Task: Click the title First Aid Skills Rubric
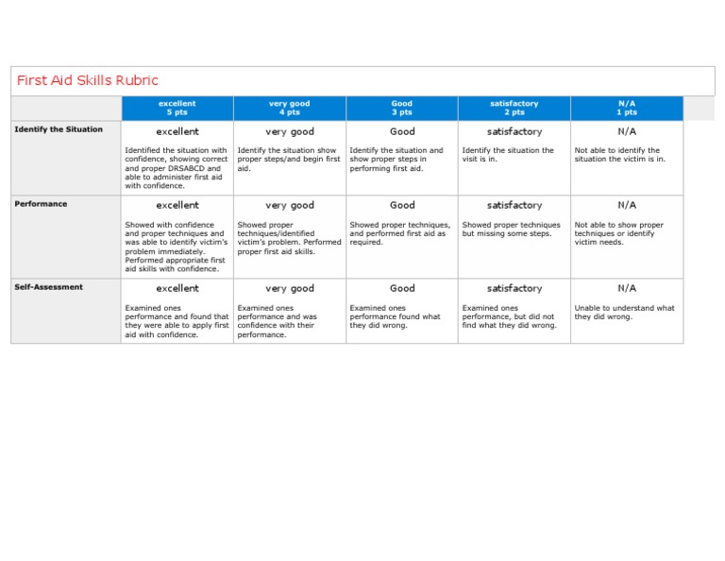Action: (87, 80)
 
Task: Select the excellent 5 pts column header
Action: (177, 108)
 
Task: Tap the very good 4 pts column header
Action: (289, 108)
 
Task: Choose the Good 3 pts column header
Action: (401, 108)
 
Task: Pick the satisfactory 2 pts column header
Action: (514, 108)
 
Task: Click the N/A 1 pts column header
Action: (627, 108)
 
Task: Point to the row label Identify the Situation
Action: (59, 129)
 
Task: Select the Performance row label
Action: (41, 204)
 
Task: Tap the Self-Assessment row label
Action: (48, 287)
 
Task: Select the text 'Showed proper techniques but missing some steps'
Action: (511, 229)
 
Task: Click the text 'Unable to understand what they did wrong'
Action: (624, 312)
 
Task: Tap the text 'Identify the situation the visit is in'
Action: (508, 154)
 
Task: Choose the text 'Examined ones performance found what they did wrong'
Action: (395, 316)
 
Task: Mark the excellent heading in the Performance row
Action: (177, 205)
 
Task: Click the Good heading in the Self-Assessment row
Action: (402, 288)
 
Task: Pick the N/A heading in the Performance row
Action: (627, 205)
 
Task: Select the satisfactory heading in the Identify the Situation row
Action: (514, 131)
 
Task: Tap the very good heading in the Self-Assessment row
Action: (290, 288)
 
